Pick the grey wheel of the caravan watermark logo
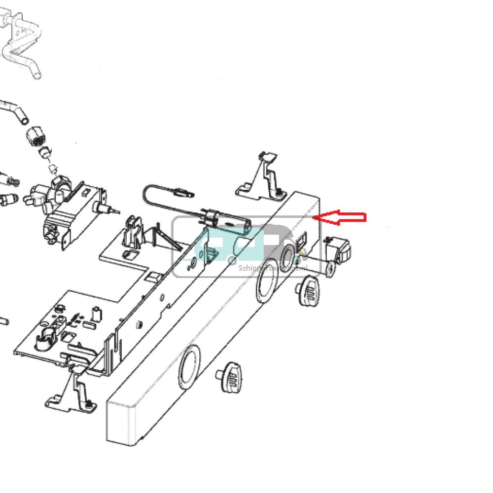point(232,260)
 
